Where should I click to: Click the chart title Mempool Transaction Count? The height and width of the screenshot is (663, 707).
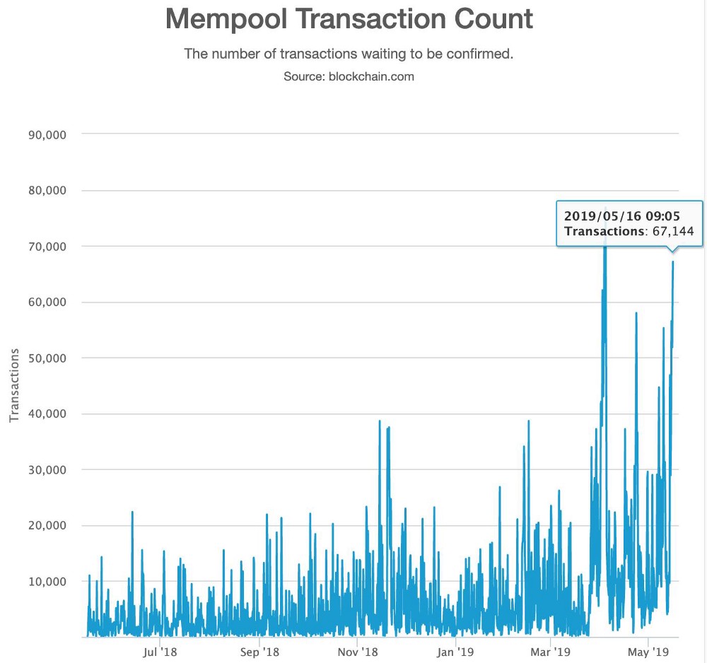pyautogui.click(x=349, y=20)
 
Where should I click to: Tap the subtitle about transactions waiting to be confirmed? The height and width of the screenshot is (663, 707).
pyautogui.click(x=349, y=54)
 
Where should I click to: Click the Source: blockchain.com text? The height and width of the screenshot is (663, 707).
pyautogui.click(x=349, y=76)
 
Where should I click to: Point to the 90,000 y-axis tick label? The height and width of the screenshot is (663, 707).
pyautogui.click(x=45, y=134)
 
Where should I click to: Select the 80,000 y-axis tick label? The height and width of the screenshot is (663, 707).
pyautogui.click(x=45, y=190)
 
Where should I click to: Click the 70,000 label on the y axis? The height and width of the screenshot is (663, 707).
pyautogui.click(x=45, y=246)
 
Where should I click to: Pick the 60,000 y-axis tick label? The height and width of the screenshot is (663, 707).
pyautogui.click(x=45, y=302)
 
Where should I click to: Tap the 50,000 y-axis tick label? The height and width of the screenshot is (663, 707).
pyautogui.click(x=45, y=358)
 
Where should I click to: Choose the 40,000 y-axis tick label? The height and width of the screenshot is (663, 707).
pyautogui.click(x=45, y=413)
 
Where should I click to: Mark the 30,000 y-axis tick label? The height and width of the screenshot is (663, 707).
pyautogui.click(x=45, y=469)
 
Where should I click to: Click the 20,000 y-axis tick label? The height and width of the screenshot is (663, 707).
pyautogui.click(x=45, y=525)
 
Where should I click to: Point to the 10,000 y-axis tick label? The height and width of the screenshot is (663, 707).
pyautogui.click(x=45, y=581)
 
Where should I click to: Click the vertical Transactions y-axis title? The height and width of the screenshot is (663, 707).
pyautogui.click(x=13, y=385)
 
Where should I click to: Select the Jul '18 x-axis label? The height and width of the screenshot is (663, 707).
pyautogui.click(x=160, y=652)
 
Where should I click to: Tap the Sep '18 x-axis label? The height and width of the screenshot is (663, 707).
pyautogui.click(x=260, y=652)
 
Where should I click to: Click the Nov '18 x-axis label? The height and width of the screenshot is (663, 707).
pyautogui.click(x=358, y=652)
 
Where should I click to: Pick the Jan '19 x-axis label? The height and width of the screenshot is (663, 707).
pyautogui.click(x=455, y=652)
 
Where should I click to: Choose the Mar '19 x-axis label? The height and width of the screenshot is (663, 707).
pyautogui.click(x=551, y=652)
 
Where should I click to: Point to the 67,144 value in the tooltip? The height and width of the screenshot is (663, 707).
pyautogui.click(x=672, y=231)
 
